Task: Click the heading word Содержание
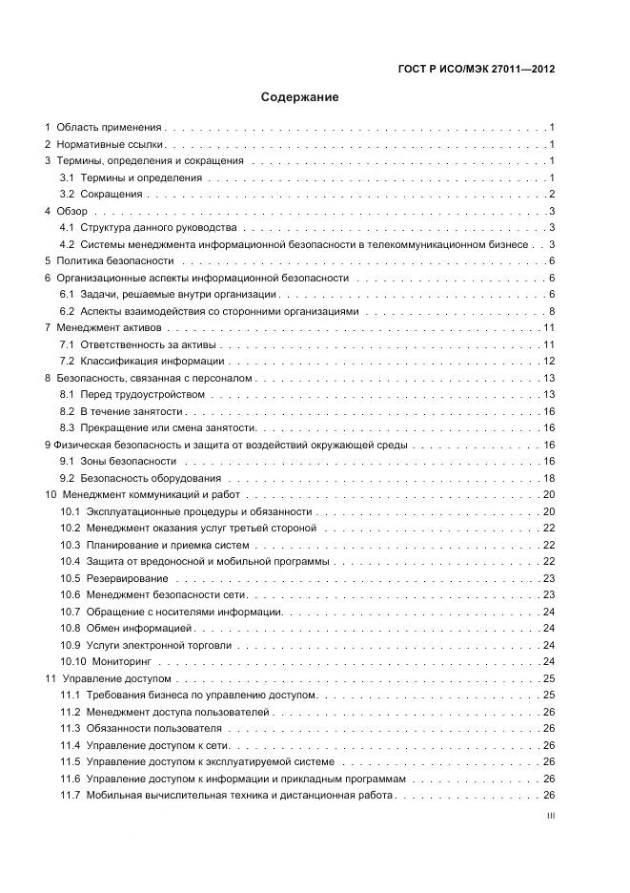(300, 97)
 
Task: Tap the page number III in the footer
(550, 816)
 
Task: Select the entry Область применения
(109, 127)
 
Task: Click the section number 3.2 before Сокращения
(68, 194)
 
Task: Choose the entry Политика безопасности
(115, 260)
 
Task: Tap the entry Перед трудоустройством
(142, 394)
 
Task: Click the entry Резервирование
(127, 578)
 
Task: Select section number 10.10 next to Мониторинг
(72, 661)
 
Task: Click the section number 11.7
(70, 795)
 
